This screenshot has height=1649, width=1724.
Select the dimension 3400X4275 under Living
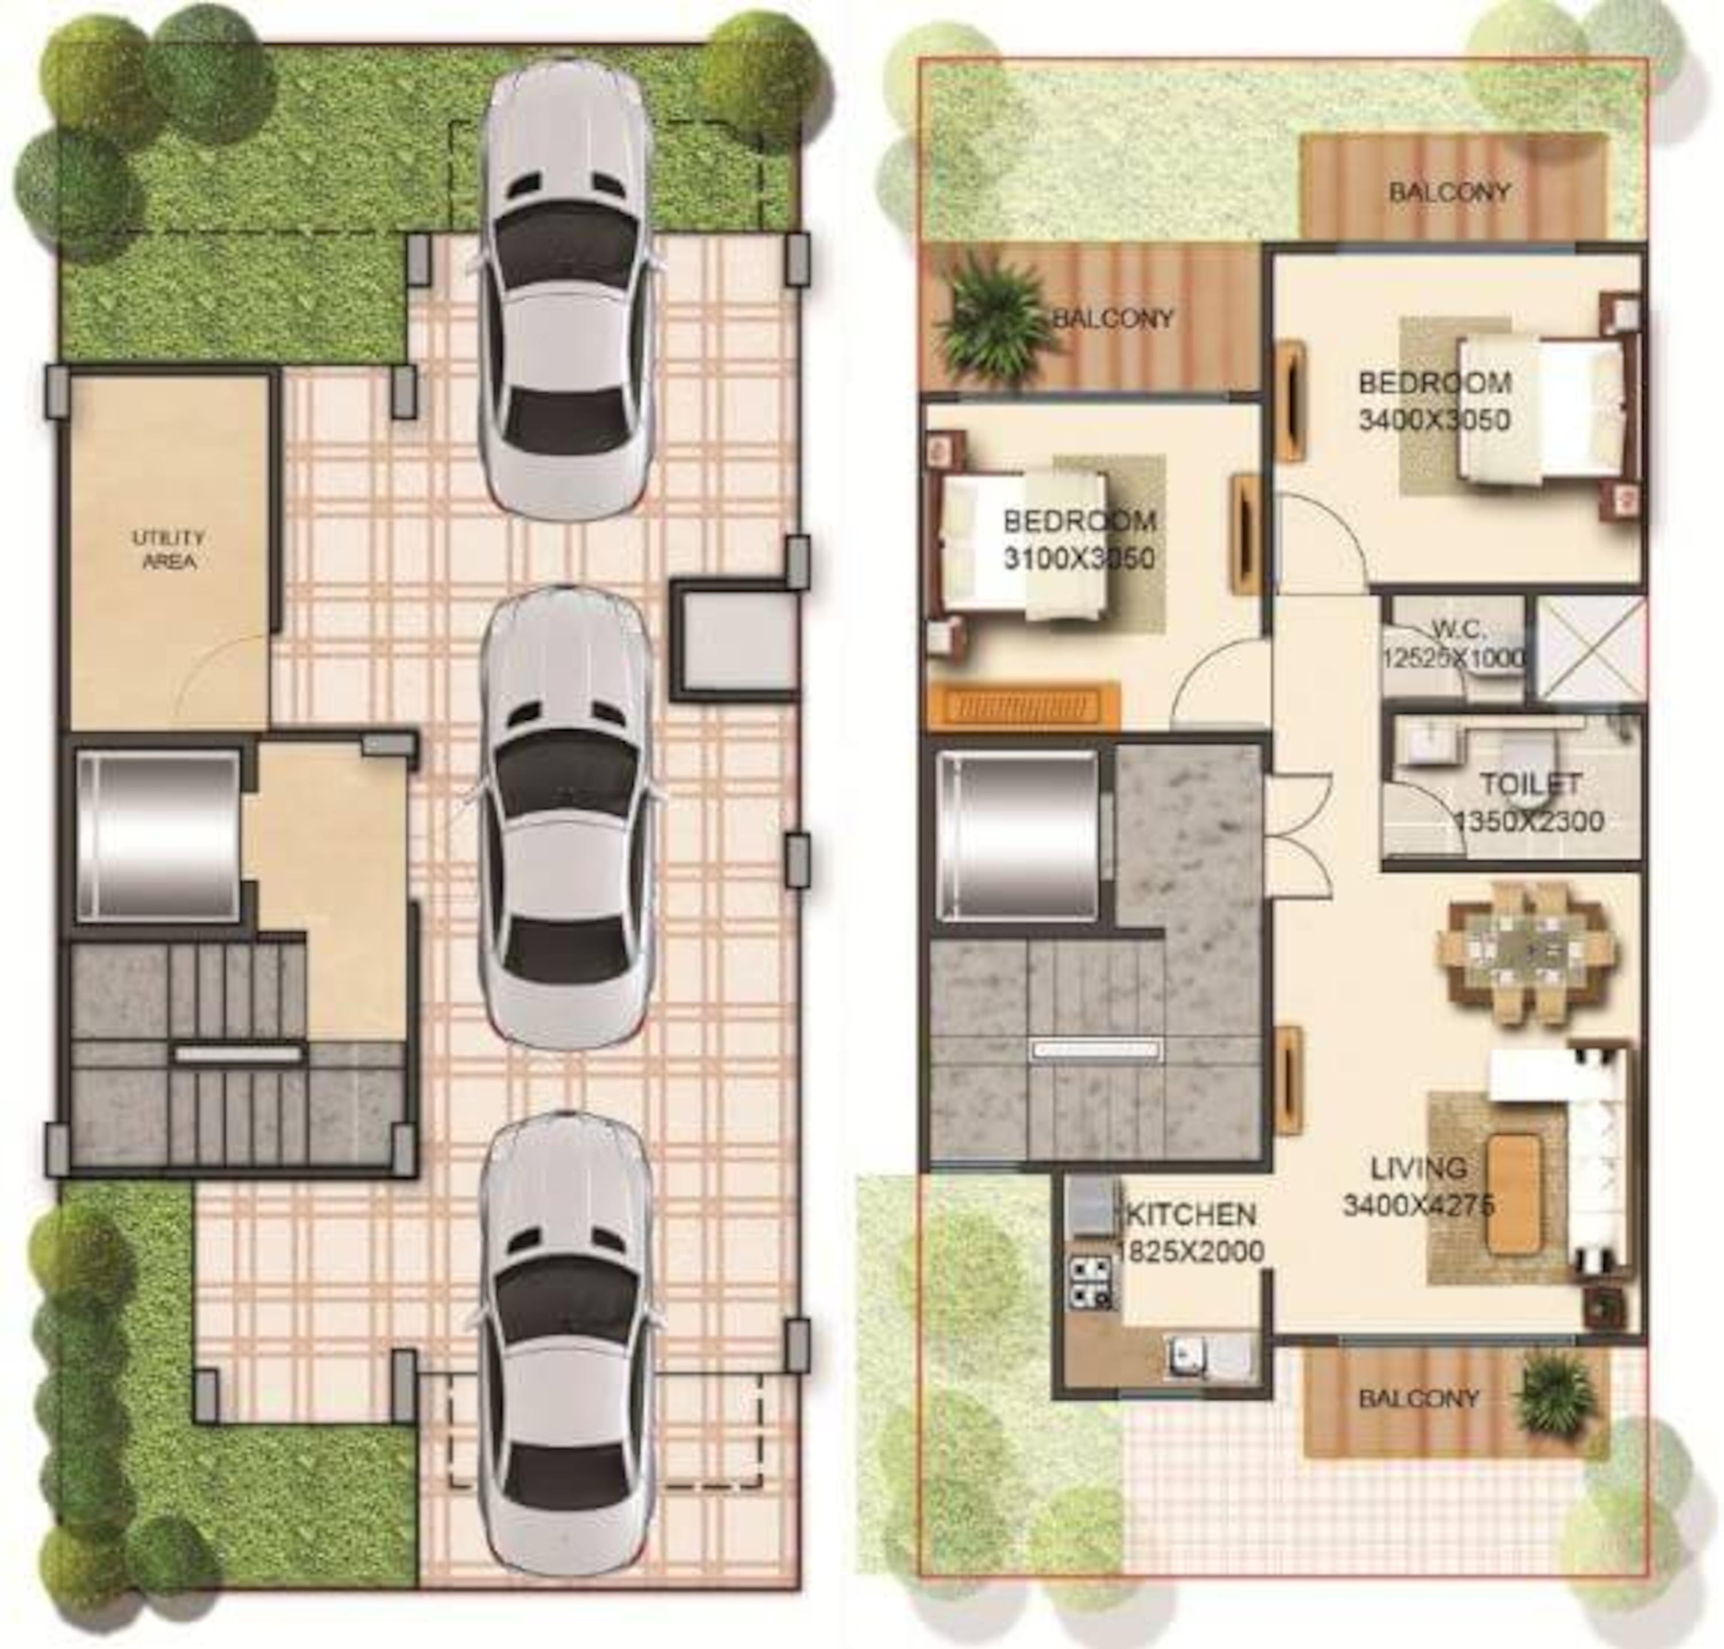coord(1417,1205)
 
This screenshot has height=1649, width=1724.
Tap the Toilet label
coord(1530,783)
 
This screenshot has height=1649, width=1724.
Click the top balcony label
coord(1449,192)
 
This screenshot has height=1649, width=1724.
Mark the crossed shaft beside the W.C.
coord(1588,649)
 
